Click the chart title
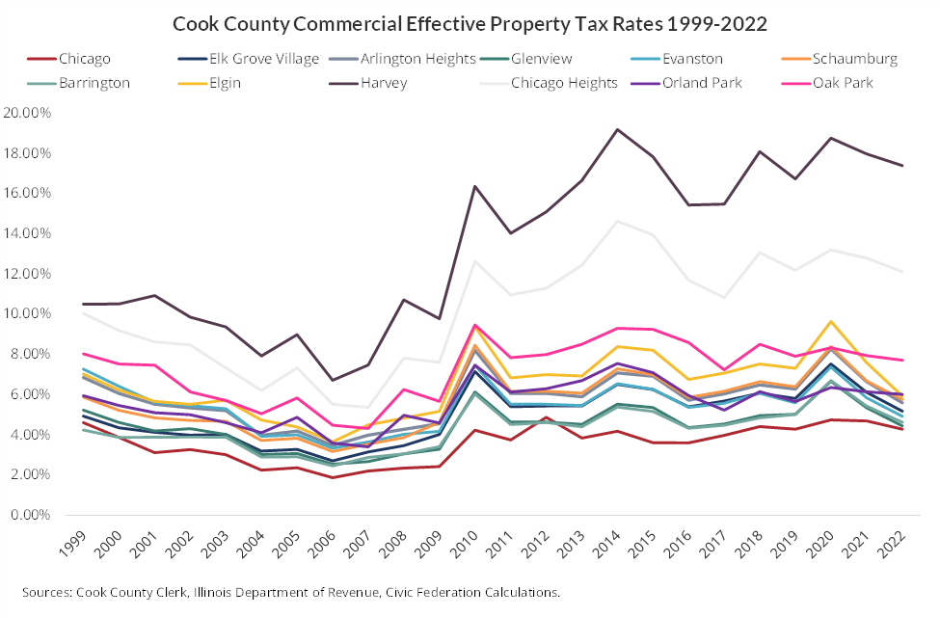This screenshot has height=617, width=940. tap(470, 21)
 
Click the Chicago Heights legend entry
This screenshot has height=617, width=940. tap(564, 82)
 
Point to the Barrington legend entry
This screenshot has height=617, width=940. tap(94, 82)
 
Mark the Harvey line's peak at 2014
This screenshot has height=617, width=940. tap(617, 129)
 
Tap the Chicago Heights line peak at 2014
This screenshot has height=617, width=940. tap(617, 222)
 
